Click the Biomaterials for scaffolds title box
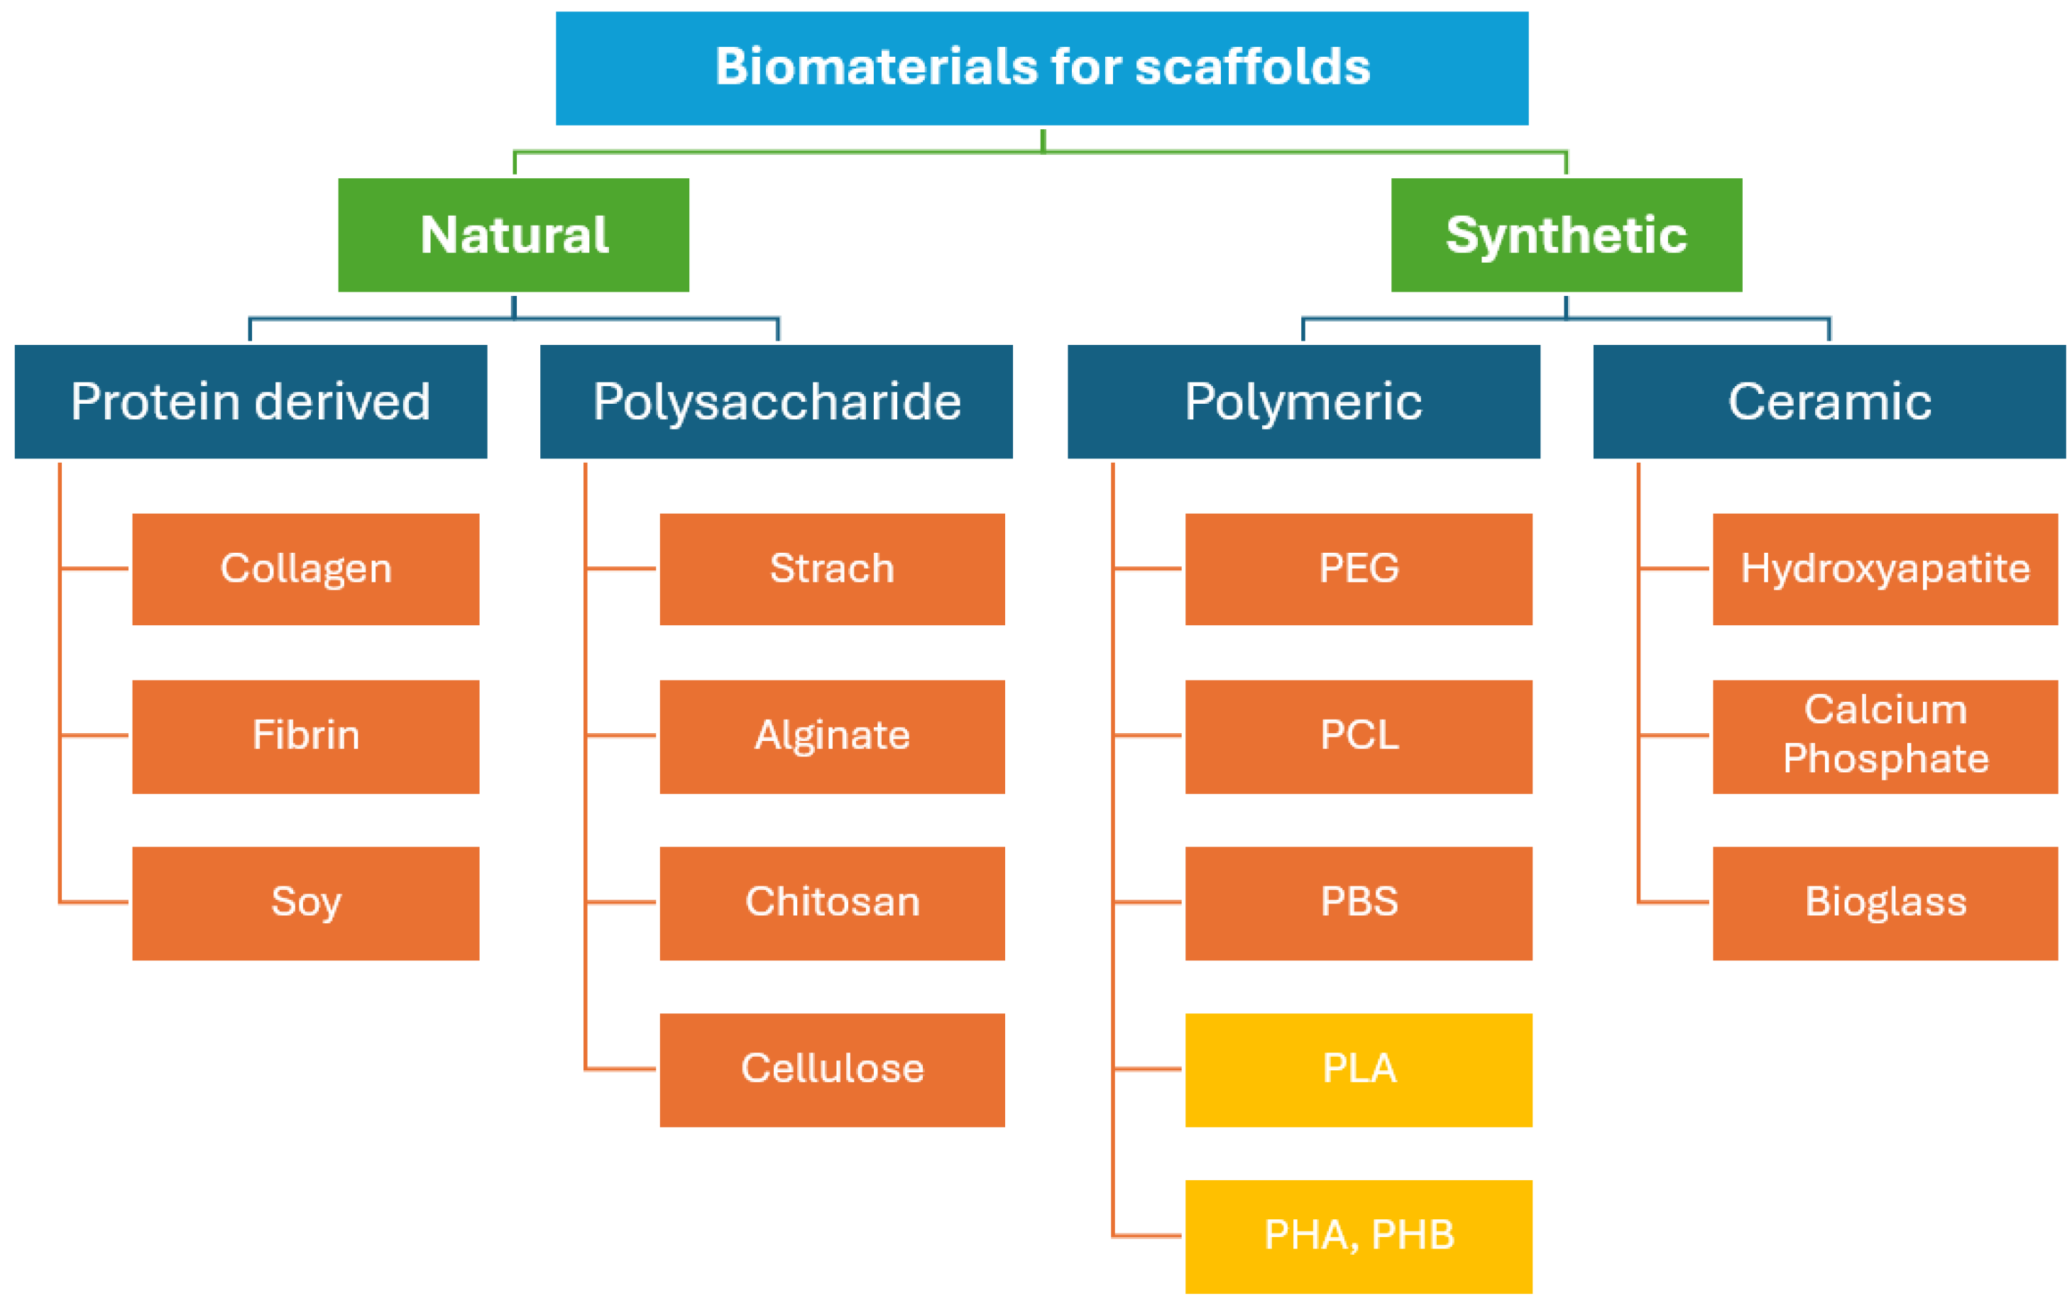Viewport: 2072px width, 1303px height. [x=1041, y=68]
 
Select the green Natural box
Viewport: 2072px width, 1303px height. [x=514, y=235]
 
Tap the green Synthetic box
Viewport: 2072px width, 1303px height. [x=1566, y=235]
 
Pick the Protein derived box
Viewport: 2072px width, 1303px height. [x=251, y=402]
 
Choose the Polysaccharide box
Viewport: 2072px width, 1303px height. [x=776, y=402]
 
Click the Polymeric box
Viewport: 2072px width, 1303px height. [x=1303, y=402]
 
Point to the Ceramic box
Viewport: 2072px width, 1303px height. [x=1829, y=402]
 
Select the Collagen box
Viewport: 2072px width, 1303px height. [x=305, y=568]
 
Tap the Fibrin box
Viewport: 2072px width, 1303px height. [x=305, y=736]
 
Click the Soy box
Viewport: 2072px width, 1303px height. [x=305, y=903]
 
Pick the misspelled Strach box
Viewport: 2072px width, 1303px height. [x=832, y=568]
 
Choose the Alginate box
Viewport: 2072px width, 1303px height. [x=832, y=736]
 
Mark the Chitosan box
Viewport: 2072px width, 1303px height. [x=832, y=903]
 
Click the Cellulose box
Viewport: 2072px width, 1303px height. [x=832, y=1069]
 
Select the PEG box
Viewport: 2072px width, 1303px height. [x=1359, y=568]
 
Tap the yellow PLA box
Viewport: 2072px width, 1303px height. [x=1359, y=1069]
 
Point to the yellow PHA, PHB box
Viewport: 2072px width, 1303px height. [x=1359, y=1236]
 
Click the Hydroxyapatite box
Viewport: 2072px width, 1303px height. [x=1885, y=568]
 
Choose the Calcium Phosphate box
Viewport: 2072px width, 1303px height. [x=1885, y=736]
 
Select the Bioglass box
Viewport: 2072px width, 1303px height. [x=1885, y=903]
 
